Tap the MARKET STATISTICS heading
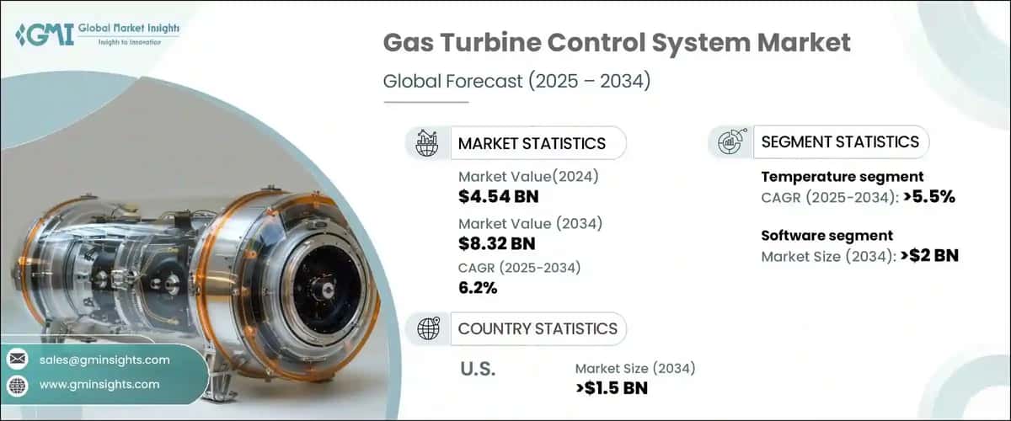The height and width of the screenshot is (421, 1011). [x=531, y=143]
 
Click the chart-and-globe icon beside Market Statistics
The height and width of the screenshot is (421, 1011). [x=427, y=143]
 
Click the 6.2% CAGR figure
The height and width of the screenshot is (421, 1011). [x=478, y=288]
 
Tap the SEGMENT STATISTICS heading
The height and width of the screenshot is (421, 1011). [x=839, y=142]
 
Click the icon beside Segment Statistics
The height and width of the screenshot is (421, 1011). [x=730, y=142]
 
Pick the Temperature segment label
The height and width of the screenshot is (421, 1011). [x=842, y=177]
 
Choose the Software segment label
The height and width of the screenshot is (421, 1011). [x=826, y=236]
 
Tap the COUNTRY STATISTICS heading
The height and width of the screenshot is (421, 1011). [x=537, y=328]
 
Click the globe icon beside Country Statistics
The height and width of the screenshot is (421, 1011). [x=427, y=328]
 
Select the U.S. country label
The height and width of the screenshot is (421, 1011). [x=478, y=369]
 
